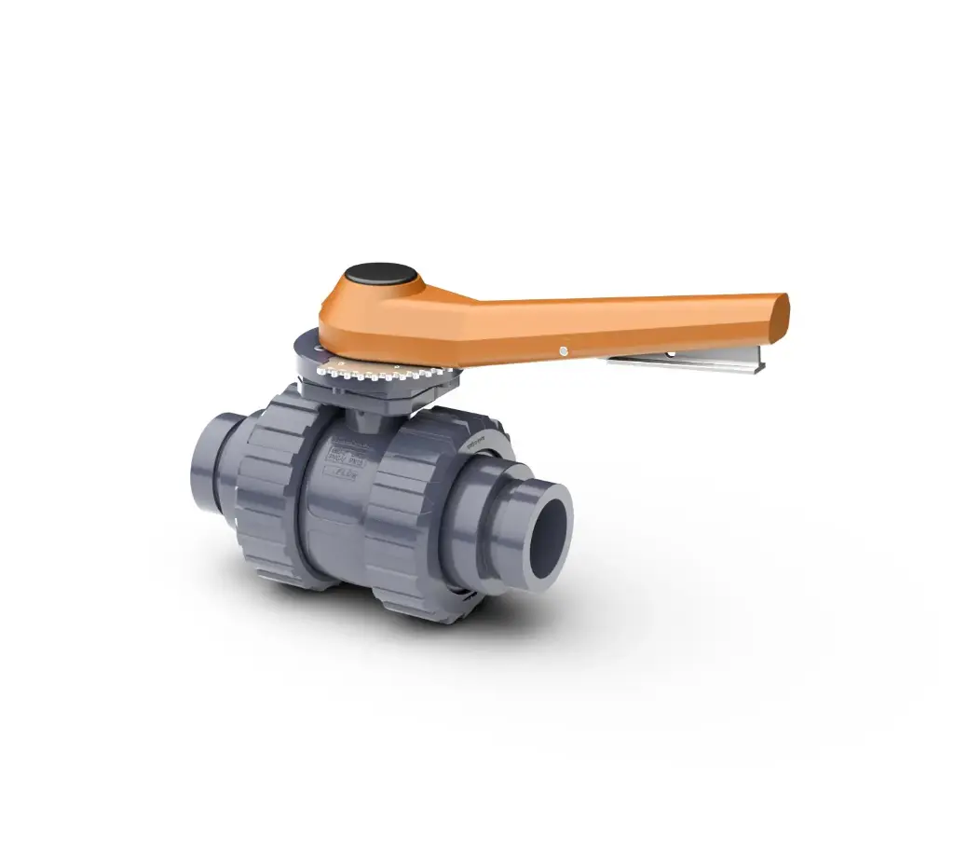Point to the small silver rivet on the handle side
click(563, 350)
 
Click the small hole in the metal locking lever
click(670, 354)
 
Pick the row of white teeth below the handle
click(373, 375)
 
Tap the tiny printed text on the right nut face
click(480, 444)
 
